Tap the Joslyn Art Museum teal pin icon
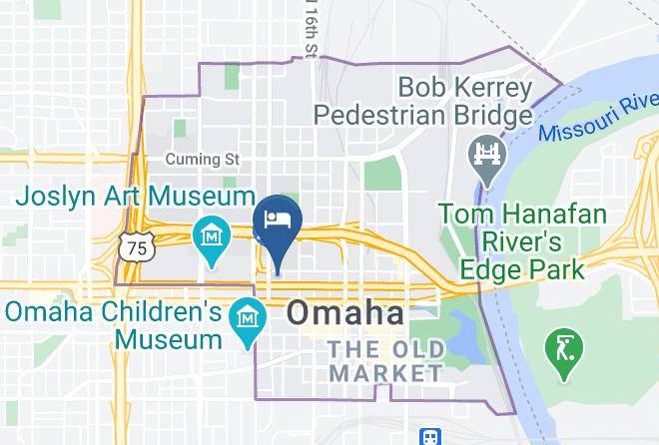pyautogui.click(x=212, y=235)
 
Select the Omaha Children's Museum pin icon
pyautogui.click(x=246, y=319)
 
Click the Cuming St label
pyautogui.click(x=204, y=160)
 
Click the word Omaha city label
pyautogui.click(x=346, y=313)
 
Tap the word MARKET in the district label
pyautogui.click(x=385, y=373)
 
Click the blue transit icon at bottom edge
pyautogui.click(x=430, y=437)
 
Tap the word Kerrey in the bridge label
pyautogui.click(x=494, y=87)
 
